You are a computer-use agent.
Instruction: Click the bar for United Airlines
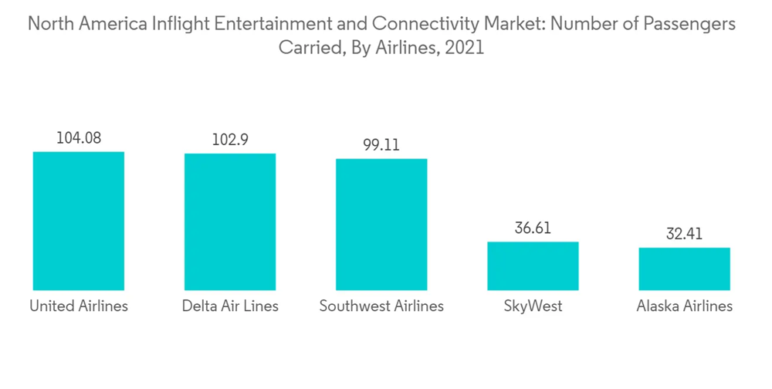click(x=79, y=221)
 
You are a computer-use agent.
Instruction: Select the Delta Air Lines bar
click(x=229, y=222)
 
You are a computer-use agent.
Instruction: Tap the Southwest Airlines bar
click(x=381, y=224)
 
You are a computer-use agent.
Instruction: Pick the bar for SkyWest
click(x=532, y=266)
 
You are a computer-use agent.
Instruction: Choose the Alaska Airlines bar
click(x=684, y=269)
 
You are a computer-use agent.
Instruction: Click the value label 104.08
click(x=79, y=138)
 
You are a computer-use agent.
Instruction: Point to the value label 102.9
click(x=229, y=140)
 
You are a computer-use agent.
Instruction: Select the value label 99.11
click(x=381, y=145)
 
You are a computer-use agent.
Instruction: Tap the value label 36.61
click(x=532, y=228)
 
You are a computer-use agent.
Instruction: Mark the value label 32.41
click(x=684, y=234)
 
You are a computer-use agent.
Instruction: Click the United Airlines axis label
click(x=79, y=306)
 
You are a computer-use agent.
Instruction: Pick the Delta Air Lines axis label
click(x=230, y=306)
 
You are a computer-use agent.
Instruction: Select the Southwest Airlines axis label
click(x=381, y=306)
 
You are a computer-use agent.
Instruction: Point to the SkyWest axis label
click(x=532, y=306)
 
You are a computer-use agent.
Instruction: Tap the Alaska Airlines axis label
click(x=684, y=306)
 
